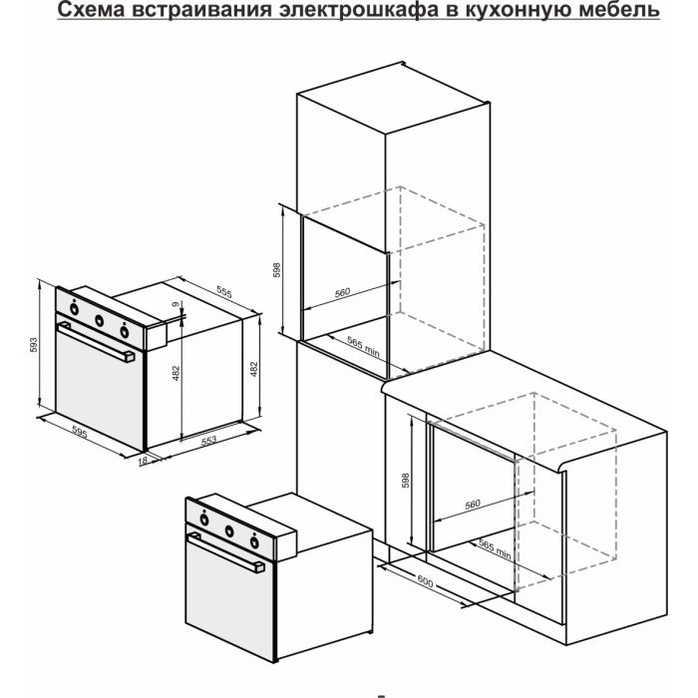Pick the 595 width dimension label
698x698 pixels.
tap(80, 435)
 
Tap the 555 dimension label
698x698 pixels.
tap(222, 293)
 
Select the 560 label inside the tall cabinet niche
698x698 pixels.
tap(342, 292)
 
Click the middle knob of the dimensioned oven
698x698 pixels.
tap(100, 320)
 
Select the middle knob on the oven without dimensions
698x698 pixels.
tap(230, 530)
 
